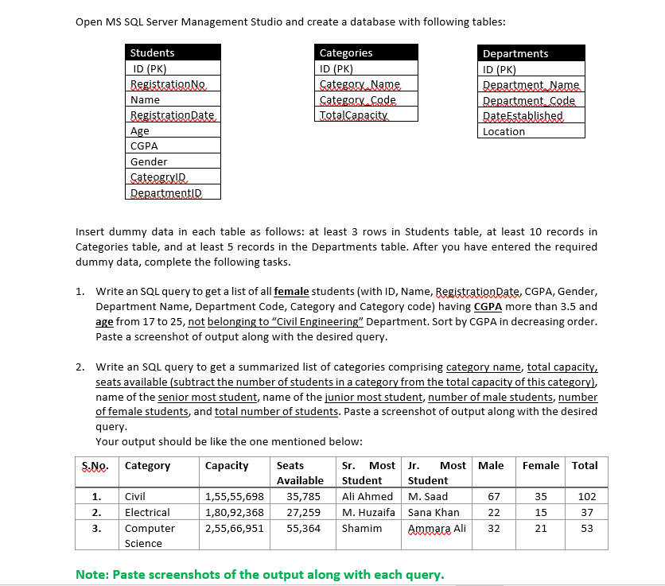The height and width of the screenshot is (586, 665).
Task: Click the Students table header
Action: (153, 53)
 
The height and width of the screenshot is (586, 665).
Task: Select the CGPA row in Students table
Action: (144, 146)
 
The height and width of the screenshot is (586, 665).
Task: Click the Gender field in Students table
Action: (149, 161)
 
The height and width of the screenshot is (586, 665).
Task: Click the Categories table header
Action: (346, 53)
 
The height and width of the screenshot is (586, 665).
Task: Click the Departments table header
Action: (515, 54)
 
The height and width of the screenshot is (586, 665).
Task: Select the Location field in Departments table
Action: (504, 132)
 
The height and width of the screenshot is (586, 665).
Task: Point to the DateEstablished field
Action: (523, 116)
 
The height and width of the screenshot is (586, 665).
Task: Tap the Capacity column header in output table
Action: (227, 465)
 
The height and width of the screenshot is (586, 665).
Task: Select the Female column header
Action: (541, 465)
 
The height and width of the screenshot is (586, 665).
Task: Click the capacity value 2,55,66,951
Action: (235, 528)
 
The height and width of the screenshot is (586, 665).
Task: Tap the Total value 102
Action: (587, 497)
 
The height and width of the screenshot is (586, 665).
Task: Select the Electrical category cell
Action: (147, 512)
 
